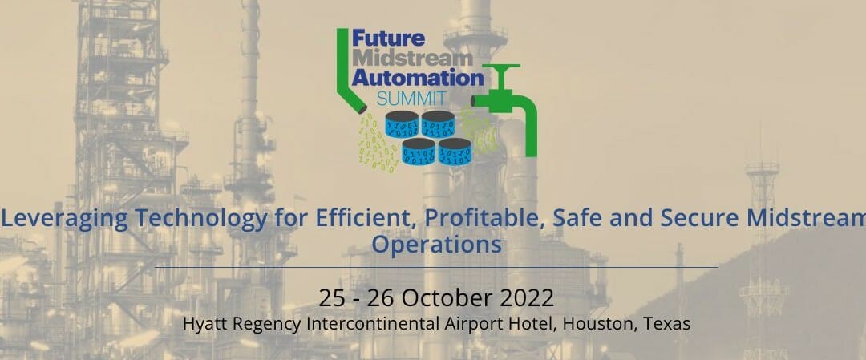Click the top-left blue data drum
pos(401,126)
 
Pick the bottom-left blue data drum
pos(419,152)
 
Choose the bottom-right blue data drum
pos(455,152)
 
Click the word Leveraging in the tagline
pos(61,216)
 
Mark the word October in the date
pos(449,298)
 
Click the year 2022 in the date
pos(528,298)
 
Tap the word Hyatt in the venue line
pos(204,325)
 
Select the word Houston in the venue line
pos(600,324)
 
